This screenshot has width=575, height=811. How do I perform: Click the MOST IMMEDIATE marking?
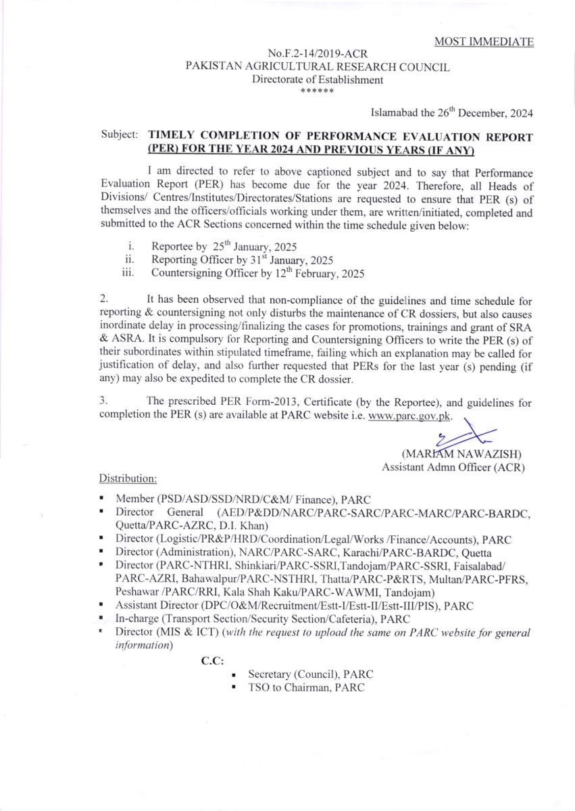(x=484, y=42)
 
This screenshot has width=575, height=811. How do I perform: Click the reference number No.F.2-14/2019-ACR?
(x=318, y=53)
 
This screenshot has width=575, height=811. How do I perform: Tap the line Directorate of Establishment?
(x=318, y=79)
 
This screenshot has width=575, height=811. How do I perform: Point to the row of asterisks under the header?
(x=318, y=91)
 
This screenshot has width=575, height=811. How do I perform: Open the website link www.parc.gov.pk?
(x=409, y=415)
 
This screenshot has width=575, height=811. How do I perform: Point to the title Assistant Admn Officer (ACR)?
(x=453, y=466)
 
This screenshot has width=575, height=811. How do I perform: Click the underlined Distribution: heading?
(x=128, y=478)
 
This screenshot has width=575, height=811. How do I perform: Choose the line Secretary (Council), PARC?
(x=310, y=674)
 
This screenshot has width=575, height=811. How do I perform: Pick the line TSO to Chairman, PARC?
(x=306, y=688)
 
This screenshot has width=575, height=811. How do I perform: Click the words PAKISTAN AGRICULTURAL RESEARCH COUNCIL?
(x=318, y=66)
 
